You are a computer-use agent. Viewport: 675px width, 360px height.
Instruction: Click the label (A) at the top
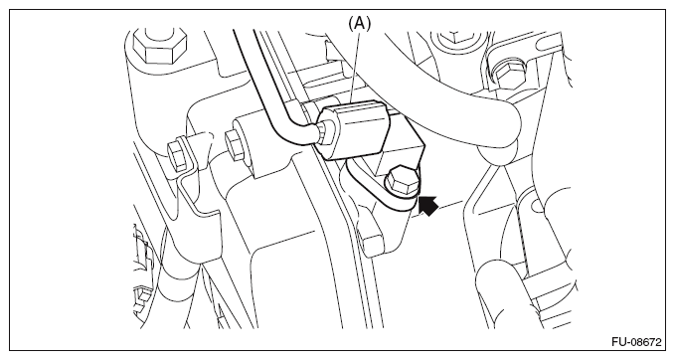coord(359,24)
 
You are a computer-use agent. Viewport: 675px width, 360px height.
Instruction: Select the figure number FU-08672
coord(636,342)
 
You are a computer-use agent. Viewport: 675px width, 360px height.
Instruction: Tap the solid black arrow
coord(427,206)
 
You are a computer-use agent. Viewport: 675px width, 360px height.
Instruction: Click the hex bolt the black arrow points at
coord(403,180)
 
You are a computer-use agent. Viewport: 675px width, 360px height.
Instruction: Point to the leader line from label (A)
coord(356,68)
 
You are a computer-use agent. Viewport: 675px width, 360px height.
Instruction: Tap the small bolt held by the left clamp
coord(177,154)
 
